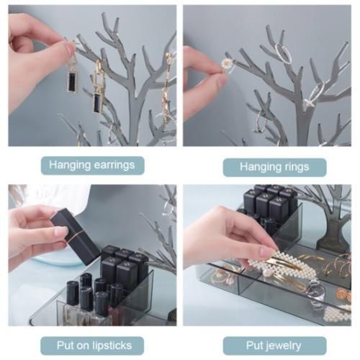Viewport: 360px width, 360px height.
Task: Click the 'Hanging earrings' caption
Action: [x=92, y=165]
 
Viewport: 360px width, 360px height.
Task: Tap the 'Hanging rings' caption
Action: [x=274, y=166]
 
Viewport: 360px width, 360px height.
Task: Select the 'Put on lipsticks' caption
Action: [x=94, y=346]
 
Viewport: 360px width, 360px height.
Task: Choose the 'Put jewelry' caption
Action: [x=274, y=346]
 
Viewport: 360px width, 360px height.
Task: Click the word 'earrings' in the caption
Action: [x=114, y=166]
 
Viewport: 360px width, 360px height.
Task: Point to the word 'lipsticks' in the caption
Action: [x=111, y=346]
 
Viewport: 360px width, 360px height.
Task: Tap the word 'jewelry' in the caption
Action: [x=282, y=346]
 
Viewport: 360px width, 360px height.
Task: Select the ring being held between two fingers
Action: [x=228, y=65]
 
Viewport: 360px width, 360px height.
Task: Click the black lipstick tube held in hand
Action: [x=75, y=236]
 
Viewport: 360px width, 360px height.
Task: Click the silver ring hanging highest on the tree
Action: [x=284, y=53]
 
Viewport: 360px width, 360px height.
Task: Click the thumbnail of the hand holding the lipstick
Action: [x=60, y=232]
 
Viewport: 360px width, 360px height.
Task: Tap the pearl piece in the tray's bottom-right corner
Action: [x=336, y=314]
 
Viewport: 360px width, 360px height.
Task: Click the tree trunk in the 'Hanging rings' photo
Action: [x=303, y=125]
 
